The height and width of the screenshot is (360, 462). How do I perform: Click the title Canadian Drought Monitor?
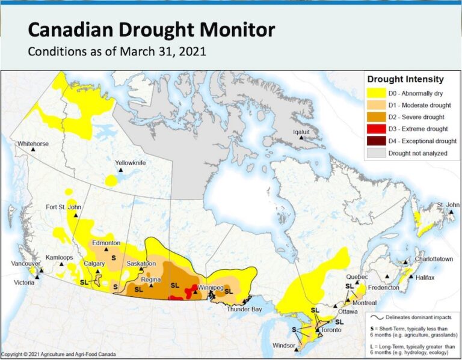click(152, 29)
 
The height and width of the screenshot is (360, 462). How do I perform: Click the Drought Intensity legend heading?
click(405, 79)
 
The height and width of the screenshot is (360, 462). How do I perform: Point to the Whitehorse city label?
click(33, 144)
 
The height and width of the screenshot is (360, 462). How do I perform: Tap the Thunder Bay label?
click(243, 309)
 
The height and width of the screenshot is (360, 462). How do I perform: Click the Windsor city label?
click(283, 346)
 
